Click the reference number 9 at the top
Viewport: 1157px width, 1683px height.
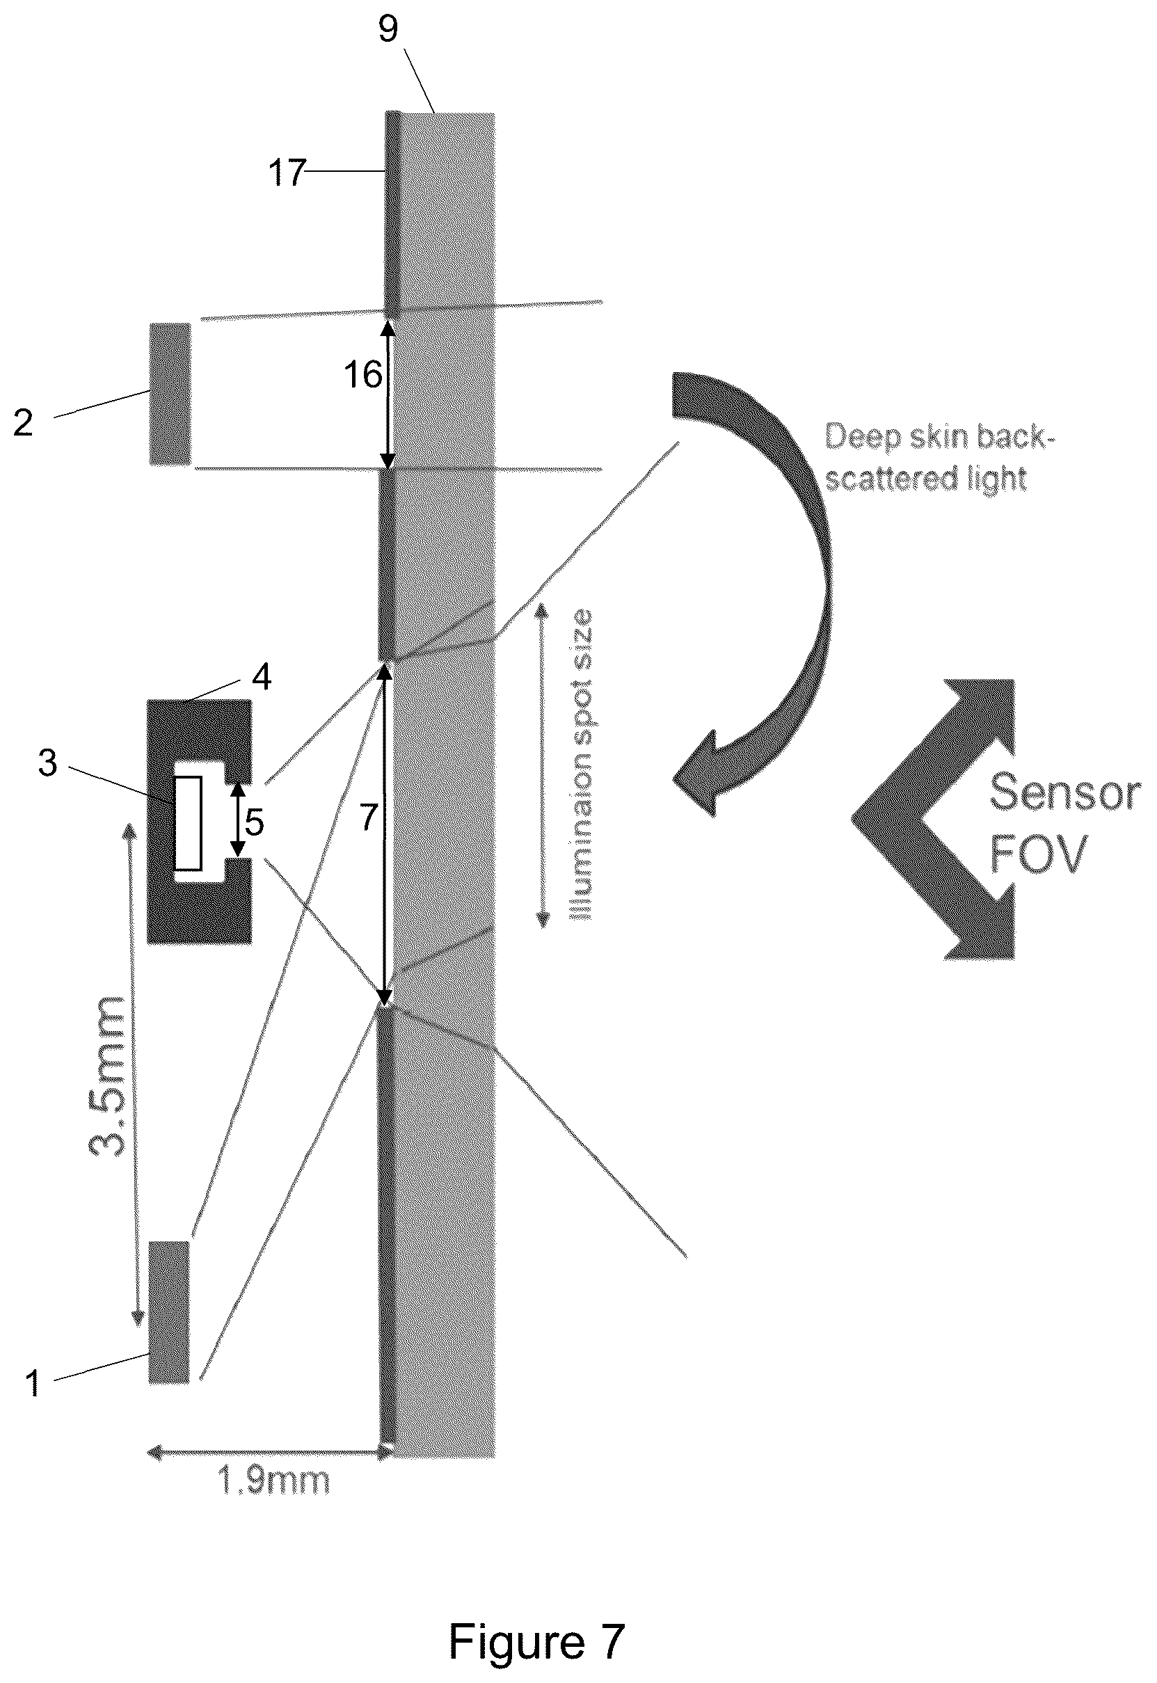pyautogui.click(x=389, y=29)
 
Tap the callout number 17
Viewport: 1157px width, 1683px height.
pyautogui.click(x=287, y=173)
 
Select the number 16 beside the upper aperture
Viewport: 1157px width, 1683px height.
pyautogui.click(x=362, y=376)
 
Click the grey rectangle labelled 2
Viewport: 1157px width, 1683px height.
pyautogui.click(x=170, y=394)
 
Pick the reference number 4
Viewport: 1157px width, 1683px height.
pyautogui.click(x=261, y=677)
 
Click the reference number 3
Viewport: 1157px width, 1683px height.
pyautogui.click(x=48, y=763)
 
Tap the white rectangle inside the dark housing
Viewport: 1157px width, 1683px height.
pyautogui.click(x=189, y=822)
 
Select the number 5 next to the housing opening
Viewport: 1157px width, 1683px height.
pyautogui.click(x=254, y=822)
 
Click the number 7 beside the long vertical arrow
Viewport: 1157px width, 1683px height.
pyautogui.click(x=368, y=817)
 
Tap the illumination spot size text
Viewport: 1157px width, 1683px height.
pyautogui.click(x=582, y=765)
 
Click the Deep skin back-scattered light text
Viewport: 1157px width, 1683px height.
pyautogui.click(x=936, y=457)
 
